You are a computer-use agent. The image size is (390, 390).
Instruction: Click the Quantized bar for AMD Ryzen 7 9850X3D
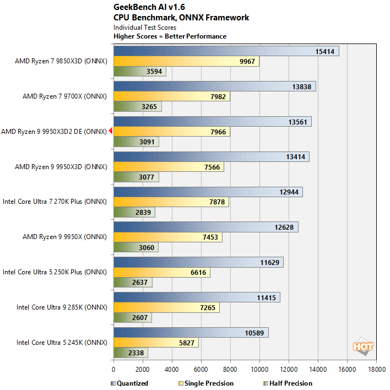click(226, 51)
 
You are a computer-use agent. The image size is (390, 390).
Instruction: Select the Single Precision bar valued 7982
click(171, 96)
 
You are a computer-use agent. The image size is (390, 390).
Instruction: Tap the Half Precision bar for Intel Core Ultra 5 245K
click(131, 353)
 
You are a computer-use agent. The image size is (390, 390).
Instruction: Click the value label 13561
click(297, 122)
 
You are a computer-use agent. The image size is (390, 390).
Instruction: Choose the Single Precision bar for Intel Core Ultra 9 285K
click(166, 307)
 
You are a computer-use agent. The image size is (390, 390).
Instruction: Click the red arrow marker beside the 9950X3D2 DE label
click(110, 131)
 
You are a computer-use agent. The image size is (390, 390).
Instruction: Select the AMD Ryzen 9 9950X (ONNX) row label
click(64, 237)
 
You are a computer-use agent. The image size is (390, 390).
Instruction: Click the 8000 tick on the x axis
click(230, 370)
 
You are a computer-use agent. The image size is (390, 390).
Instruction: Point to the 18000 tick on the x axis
click(376, 370)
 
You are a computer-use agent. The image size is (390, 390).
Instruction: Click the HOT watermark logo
click(364, 346)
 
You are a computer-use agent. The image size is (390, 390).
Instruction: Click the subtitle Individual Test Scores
click(145, 27)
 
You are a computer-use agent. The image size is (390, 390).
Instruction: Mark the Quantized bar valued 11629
click(198, 263)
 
